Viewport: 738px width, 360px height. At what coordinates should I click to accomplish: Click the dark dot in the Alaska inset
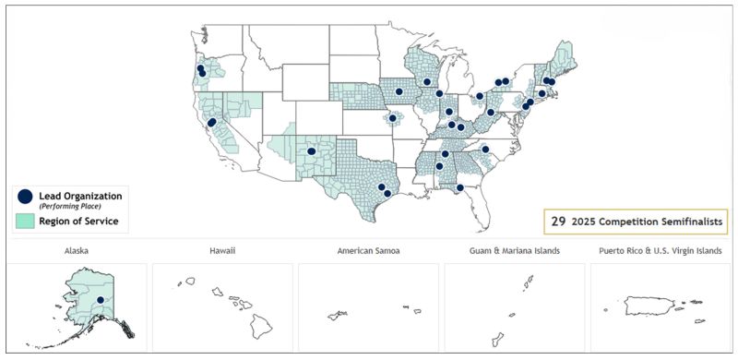100,300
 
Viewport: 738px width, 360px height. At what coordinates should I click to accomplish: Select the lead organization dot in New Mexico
312,150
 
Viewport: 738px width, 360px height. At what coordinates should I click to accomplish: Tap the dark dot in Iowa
399,91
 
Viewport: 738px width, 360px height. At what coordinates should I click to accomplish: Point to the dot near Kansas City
393,118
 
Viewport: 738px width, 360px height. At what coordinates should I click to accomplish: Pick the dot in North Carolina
485,149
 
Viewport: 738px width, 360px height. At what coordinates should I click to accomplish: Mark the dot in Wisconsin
427,82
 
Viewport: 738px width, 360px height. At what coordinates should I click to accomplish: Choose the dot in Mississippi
439,167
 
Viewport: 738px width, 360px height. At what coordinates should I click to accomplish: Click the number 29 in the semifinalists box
558,222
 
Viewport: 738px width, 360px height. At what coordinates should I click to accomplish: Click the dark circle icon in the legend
25,197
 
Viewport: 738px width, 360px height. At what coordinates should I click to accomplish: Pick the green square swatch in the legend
25,222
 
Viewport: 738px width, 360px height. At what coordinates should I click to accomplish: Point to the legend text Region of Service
78,222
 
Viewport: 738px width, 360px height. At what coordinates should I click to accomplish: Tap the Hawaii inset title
222,251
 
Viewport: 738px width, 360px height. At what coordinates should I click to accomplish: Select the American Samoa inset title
368,251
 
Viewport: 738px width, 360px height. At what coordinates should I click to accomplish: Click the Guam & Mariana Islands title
514,251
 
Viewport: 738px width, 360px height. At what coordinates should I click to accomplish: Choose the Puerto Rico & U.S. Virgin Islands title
661,251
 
